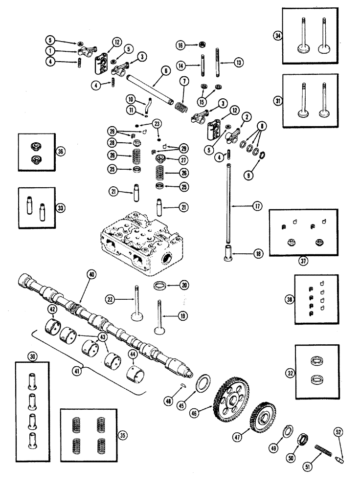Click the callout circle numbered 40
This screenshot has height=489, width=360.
(90, 275)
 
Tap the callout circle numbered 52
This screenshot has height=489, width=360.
(338, 432)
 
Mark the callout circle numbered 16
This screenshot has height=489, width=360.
(180, 45)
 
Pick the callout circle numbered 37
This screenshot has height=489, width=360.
(304, 261)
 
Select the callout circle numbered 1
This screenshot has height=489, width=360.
(51, 50)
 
